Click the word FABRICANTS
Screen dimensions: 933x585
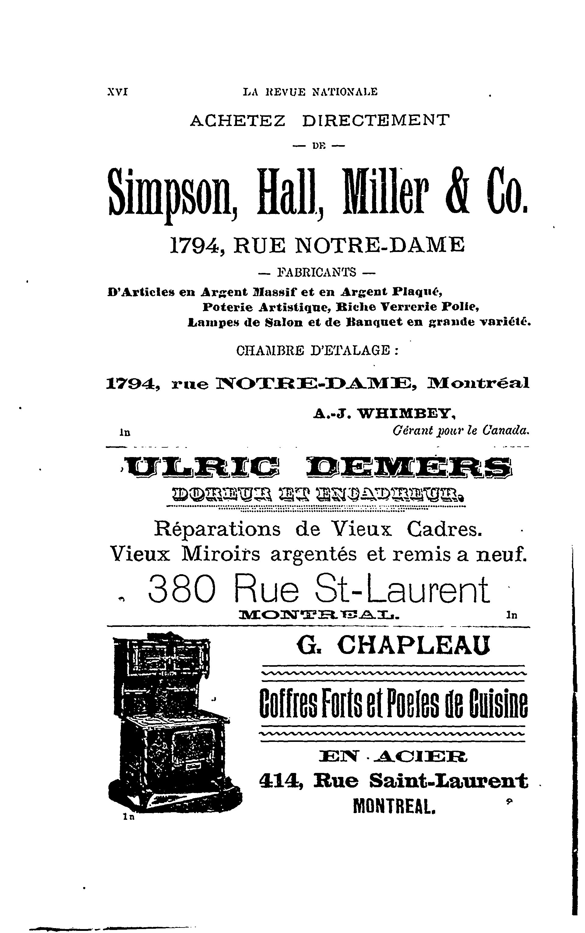coord(317,272)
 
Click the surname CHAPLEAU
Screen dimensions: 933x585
coord(414,645)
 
